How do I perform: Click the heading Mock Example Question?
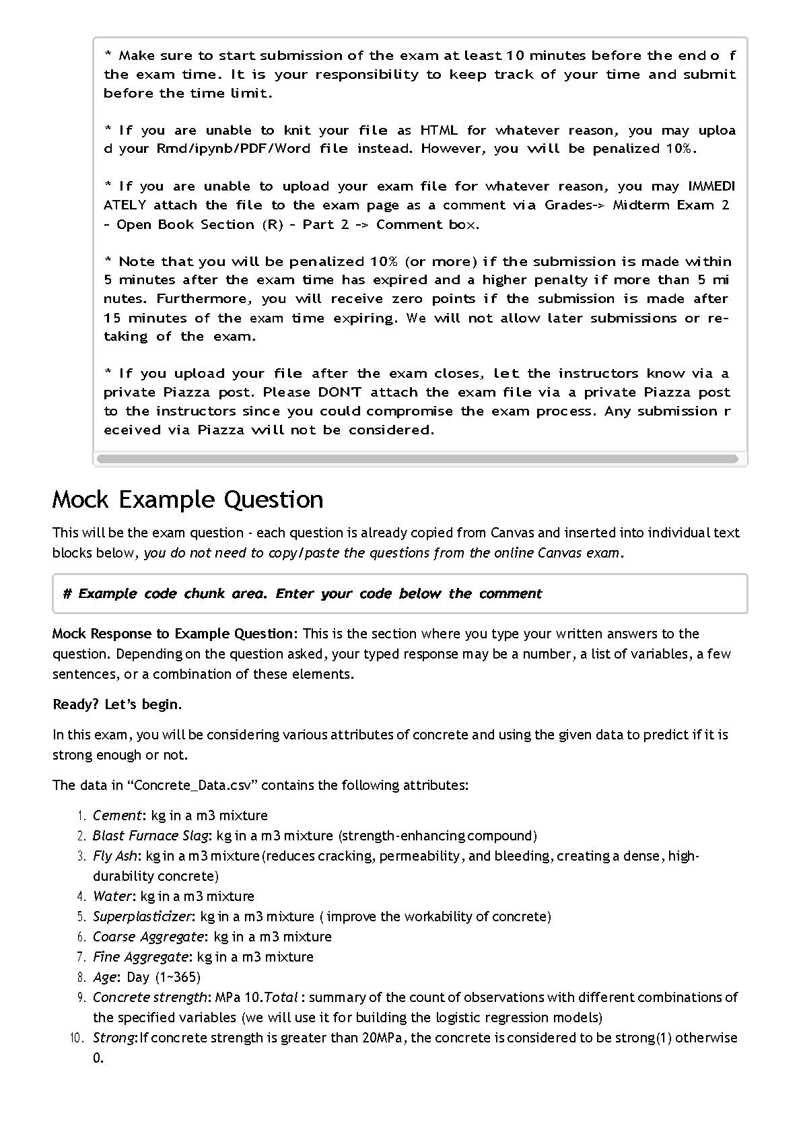pos(188,500)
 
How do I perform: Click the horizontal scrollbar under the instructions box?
pos(417,459)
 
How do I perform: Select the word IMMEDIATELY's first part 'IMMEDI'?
pos(711,187)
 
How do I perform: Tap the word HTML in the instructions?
pos(439,131)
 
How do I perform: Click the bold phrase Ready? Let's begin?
pos(117,704)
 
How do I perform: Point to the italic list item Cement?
pos(117,815)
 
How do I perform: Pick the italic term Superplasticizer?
pos(143,916)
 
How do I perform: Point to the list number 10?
pos(78,1038)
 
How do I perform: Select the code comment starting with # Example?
pos(302,594)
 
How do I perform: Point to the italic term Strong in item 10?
pos(114,1038)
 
